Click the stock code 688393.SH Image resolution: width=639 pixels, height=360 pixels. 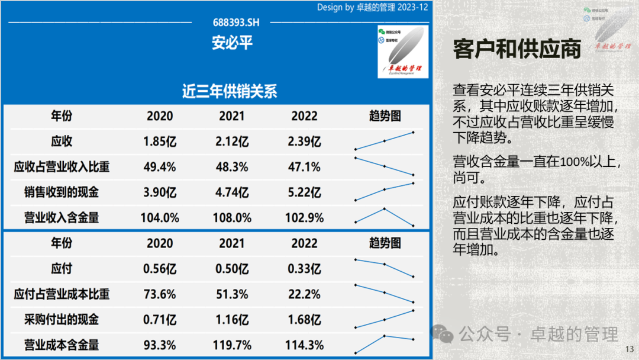pos(236,22)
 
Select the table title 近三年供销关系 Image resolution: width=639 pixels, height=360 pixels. pos(230,91)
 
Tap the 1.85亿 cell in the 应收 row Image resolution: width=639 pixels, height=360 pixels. pos(160,142)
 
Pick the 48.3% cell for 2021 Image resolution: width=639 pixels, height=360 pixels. pos(232,167)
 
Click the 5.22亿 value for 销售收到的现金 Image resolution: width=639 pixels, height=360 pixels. pos(306,192)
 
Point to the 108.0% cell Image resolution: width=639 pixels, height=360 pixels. pos(232,218)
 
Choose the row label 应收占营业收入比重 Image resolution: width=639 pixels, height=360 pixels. pos(62,167)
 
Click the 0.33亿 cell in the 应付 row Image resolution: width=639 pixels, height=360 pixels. pos(306,269)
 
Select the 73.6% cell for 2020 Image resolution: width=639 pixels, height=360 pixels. pos(160,294)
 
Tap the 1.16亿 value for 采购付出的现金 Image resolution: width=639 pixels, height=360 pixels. pos(232,320)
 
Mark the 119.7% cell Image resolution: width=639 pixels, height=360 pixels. pos(232,345)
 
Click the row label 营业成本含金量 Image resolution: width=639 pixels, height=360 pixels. pos(62,345)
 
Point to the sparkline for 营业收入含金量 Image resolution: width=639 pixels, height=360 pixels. pos(384,216)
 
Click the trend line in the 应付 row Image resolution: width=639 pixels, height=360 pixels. pos(384,268)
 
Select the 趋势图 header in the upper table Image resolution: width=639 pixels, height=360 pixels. pos(385,116)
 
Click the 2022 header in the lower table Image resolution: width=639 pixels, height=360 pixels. pos(304,243)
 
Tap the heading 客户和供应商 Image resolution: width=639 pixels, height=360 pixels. pos(517,49)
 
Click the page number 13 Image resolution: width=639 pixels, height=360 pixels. pos(629,349)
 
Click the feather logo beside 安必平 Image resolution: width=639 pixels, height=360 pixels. pos(402,52)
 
